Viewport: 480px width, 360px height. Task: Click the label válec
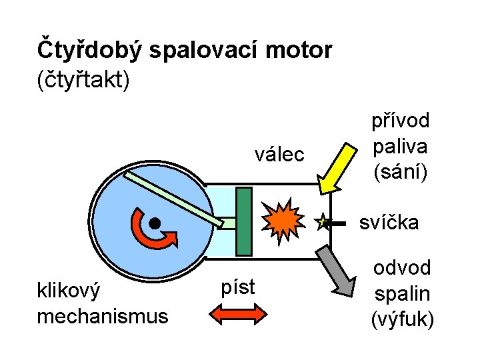279,155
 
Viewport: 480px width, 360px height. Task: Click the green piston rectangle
244,221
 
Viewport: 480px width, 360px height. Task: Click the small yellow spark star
323,222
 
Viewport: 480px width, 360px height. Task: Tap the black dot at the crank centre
154,223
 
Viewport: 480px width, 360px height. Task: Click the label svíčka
389,222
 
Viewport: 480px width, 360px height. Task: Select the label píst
237,286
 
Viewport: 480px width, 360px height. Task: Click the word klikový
69,291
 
